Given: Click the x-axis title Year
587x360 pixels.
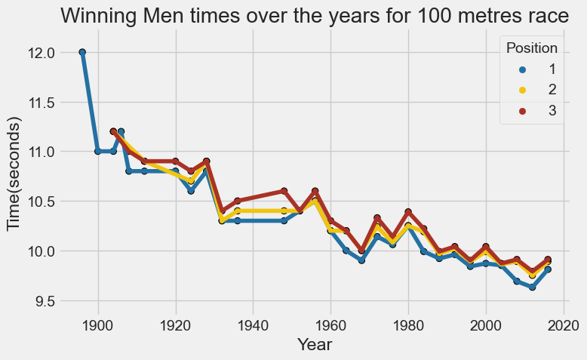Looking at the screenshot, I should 315,345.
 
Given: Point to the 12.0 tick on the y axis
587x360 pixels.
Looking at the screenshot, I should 41,53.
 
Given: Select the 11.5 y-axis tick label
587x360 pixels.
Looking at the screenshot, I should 41,102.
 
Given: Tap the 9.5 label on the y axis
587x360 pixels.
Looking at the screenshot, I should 45,301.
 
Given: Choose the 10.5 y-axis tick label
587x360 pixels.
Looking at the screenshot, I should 41,202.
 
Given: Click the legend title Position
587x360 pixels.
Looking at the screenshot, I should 531,48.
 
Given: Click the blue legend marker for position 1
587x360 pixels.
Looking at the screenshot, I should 515,69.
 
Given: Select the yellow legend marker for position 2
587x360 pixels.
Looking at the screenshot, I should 515,90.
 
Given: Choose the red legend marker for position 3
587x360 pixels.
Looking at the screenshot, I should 515,111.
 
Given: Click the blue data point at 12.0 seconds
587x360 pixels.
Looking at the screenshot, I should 82,52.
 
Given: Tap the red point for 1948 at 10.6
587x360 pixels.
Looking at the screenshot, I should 284,191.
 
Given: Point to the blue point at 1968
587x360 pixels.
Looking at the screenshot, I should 361,260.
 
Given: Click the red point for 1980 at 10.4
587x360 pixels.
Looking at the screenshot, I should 408,212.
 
